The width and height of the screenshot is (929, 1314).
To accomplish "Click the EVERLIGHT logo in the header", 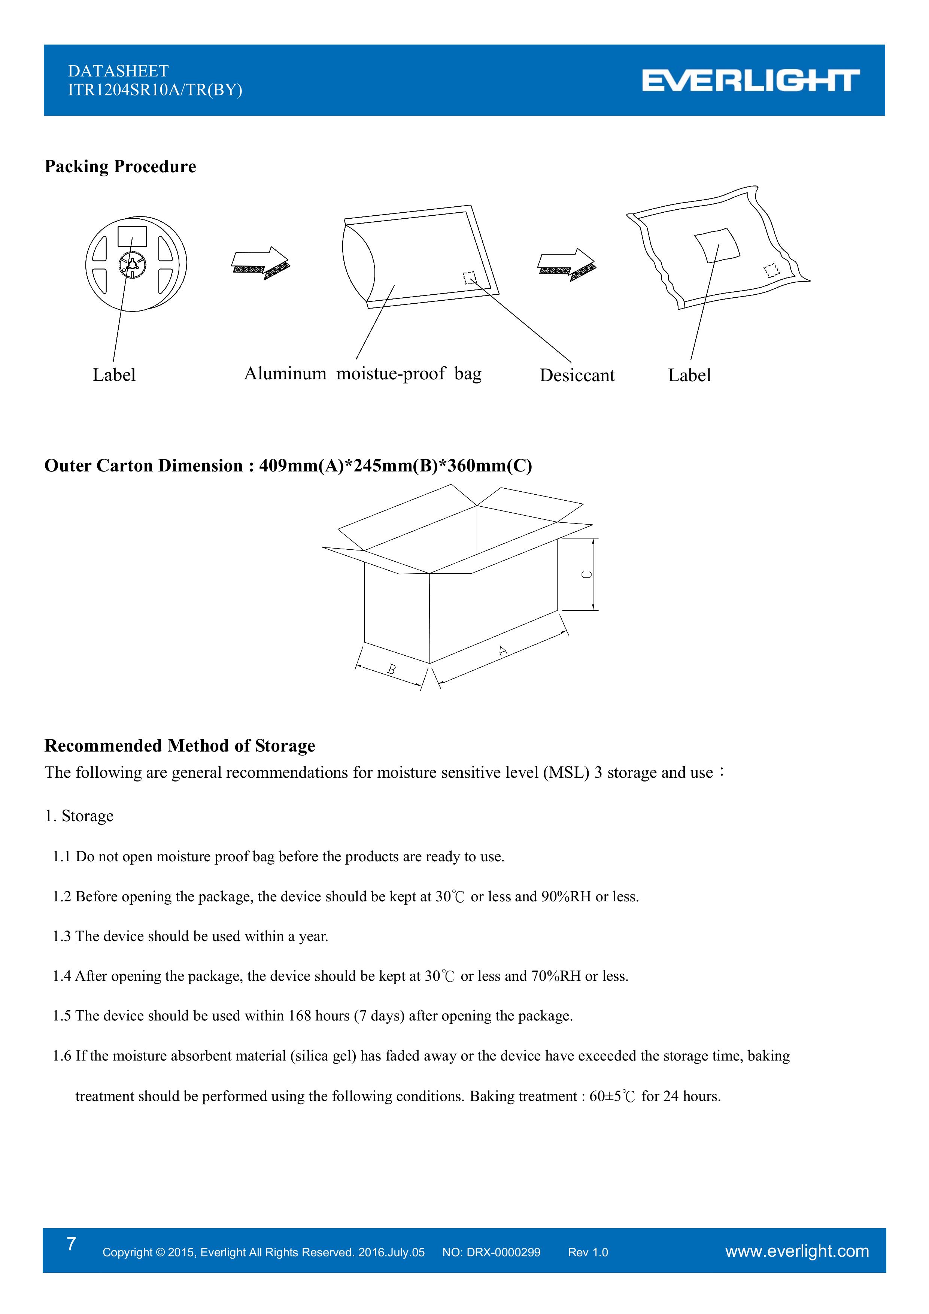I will tap(750, 81).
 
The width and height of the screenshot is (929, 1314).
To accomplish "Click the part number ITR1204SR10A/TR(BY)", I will tap(155, 90).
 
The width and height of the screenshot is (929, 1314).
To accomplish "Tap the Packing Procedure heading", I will tap(120, 167).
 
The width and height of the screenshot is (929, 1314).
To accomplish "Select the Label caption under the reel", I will tap(114, 376).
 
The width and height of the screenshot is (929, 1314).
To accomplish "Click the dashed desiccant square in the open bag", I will tap(469, 278).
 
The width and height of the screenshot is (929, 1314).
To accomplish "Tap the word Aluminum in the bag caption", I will tap(285, 374).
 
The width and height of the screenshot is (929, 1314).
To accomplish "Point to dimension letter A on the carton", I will tap(503, 651).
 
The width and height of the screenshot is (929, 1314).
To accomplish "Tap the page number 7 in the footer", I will tap(71, 1244).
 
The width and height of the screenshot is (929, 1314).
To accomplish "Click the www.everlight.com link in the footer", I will tap(797, 1251).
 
